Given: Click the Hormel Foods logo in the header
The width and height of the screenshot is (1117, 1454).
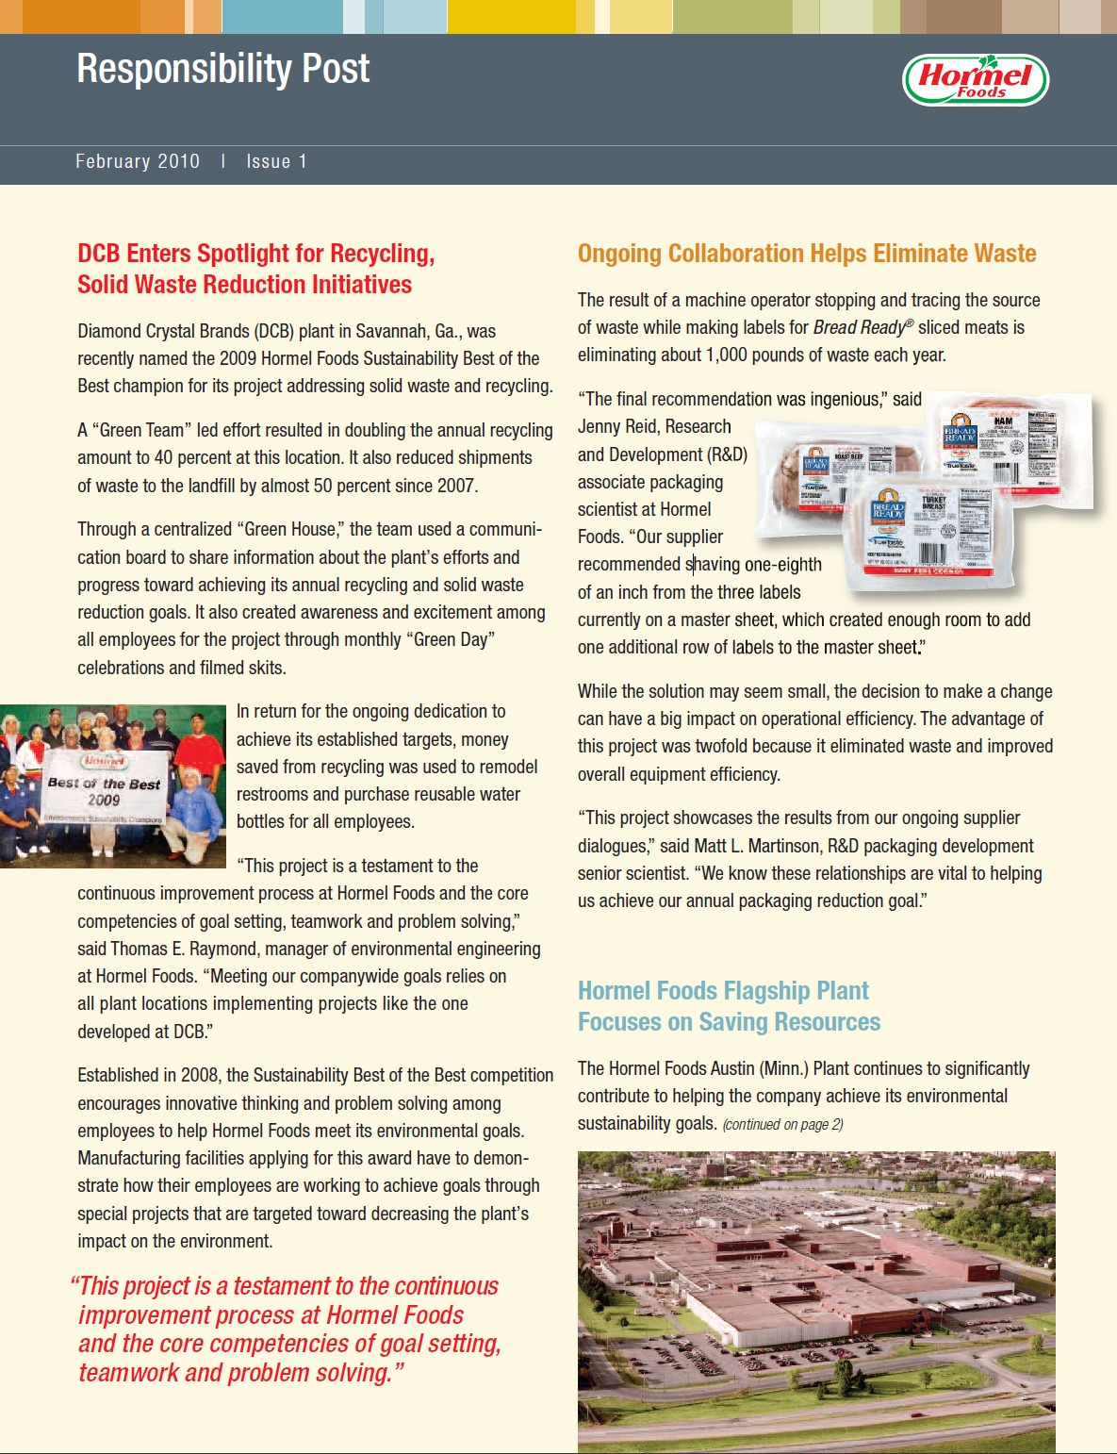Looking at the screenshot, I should pyautogui.click(x=976, y=80).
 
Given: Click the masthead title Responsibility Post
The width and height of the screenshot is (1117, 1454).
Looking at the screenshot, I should pyautogui.click(x=223, y=69).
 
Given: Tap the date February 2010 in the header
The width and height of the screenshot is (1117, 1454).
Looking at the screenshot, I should pyautogui.click(x=138, y=161).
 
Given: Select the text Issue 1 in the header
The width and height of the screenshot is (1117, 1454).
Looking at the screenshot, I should pyautogui.click(x=276, y=161).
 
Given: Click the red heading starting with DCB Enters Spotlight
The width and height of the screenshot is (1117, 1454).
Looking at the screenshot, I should pyautogui.click(x=255, y=269).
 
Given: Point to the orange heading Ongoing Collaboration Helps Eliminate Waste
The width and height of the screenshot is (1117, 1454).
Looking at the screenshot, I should pyautogui.click(x=807, y=254).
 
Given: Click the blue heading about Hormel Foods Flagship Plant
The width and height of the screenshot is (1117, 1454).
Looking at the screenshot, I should pyautogui.click(x=729, y=1006).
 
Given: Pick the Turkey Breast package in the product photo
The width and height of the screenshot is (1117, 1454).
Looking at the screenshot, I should pyautogui.click(x=919, y=533).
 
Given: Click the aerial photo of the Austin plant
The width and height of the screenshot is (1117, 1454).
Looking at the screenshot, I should pyautogui.click(x=816, y=1301).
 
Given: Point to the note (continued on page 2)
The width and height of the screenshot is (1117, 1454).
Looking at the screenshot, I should pyautogui.click(x=783, y=1124).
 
